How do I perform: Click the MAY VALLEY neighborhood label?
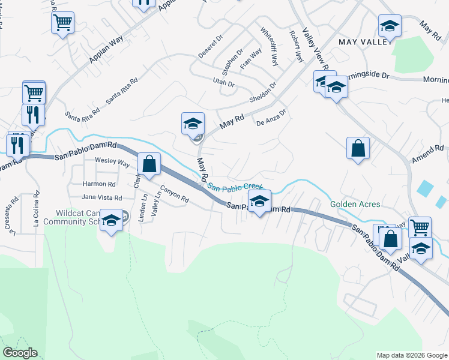364,42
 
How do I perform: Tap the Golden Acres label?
355,204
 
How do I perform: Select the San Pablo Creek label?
235,187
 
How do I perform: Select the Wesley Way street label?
112,162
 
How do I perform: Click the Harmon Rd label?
99,184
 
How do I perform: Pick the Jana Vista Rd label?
101,197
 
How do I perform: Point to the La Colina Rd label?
37,208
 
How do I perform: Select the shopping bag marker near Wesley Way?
149,163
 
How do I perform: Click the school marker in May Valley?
390,26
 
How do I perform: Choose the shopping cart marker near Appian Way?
62,23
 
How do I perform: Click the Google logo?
19,353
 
